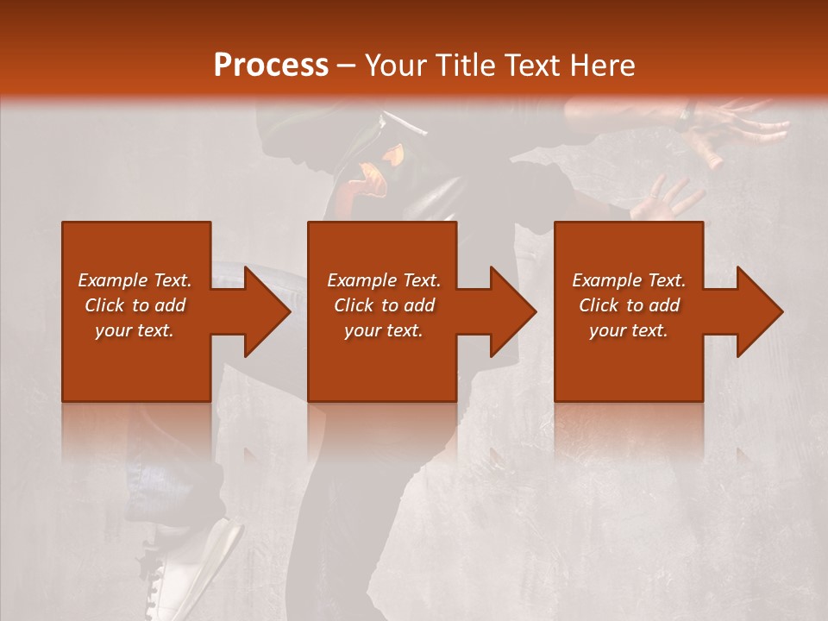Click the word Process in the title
coord(271,66)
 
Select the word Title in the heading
coord(462,66)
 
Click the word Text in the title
coord(531,66)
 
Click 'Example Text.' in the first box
coord(135,280)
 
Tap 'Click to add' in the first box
coord(135,305)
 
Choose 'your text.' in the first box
coord(135,330)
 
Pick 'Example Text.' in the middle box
coord(383,280)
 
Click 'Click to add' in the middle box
coord(383,305)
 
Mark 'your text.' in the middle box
coord(383,330)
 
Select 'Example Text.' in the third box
coord(629,280)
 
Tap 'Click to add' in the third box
coord(629,305)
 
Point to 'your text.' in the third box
coord(629,330)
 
